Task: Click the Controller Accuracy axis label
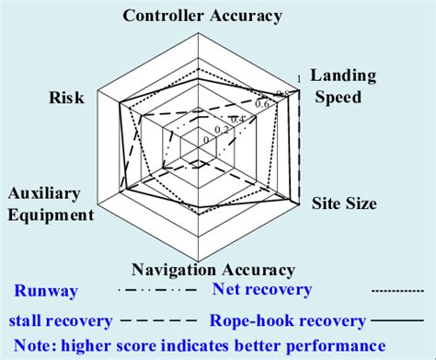pyautogui.click(x=202, y=16)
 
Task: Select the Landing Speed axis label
pyautogui.click(x=340, y=87)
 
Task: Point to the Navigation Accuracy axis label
pyautogui.click(x=213, y=270)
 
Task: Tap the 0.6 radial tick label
pyautogui.click(x=261, y=104)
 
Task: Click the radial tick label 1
pyautogui.click(x=295, y=77)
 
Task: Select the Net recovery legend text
pyautogui.click(x=262, y=290)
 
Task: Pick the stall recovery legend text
pyautogui.click(x=60, y=321)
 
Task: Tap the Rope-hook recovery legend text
pyautogui.click(x=287, y=321)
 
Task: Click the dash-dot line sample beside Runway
pyautogui.click(x=157, y=292)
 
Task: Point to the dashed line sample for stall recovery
pyautogui.click(x=157, y=321)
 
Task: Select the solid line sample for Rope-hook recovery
pyautogui.click(x=400, y=321)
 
